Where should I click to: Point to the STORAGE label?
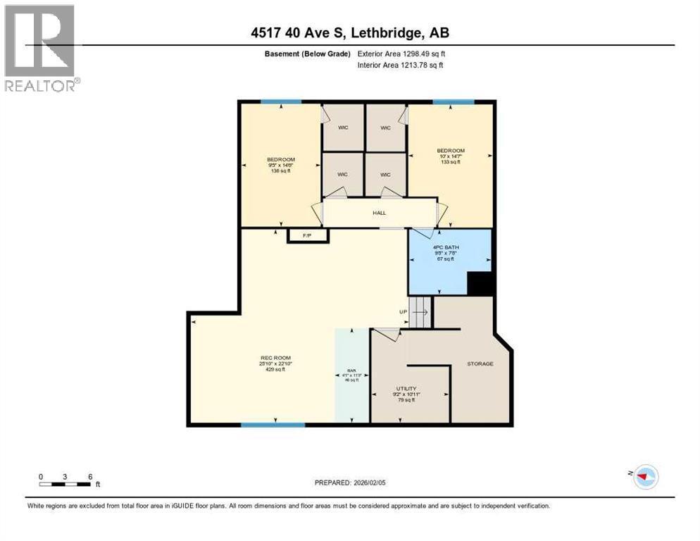480,363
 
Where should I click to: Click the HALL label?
379,213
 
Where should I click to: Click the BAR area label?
351,374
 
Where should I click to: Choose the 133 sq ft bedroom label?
450,156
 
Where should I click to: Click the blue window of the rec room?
273,425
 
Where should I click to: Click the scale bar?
65,485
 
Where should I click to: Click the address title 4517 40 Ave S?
349,32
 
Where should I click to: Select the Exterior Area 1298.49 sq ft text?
401,54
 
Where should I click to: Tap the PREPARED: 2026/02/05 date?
350,483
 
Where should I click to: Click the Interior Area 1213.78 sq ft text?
400,66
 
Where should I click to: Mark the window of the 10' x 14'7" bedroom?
451,102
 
